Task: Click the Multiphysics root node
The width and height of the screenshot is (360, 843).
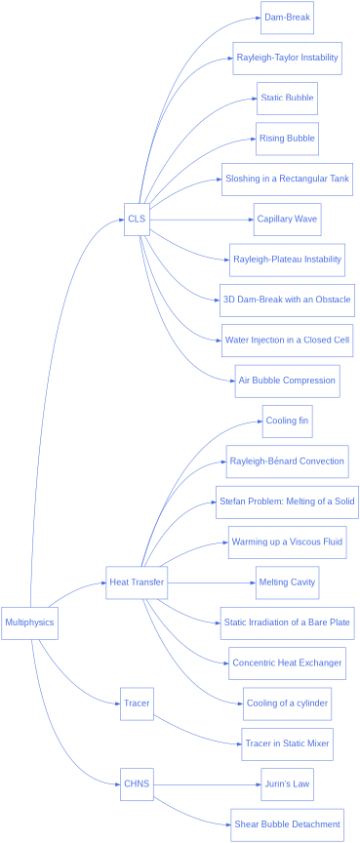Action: pos(29,622)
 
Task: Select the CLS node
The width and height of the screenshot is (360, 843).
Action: pos(137,219)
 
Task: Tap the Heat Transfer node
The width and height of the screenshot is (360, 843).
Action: pos(137,582)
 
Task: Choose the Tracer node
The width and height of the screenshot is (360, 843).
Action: pos(137,702)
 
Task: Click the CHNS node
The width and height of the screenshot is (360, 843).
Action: pos(137,783)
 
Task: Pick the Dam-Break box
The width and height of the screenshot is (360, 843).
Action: pos(287,18)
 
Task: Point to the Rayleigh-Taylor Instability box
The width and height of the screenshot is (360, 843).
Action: pos(287,58)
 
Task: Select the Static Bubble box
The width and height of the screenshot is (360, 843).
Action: pos(287,99)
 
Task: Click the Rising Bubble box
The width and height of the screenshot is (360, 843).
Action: pos(287,139)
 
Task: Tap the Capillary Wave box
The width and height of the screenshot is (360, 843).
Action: pos(287,219)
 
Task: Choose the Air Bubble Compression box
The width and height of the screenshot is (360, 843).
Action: pos(287,381)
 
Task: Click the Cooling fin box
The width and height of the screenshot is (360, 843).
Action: pos(287,421)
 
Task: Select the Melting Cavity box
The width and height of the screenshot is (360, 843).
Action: pos(287,582)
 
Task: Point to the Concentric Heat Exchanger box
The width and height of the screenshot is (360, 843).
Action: pos(287,663)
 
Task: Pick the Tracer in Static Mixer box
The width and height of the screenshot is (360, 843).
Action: pos(287,743)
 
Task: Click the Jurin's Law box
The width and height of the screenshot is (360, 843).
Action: pos(287,783)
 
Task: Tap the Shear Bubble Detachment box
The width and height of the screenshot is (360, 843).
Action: pos(287,824)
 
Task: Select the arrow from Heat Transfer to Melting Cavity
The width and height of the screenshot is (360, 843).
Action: pos(210,582)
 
